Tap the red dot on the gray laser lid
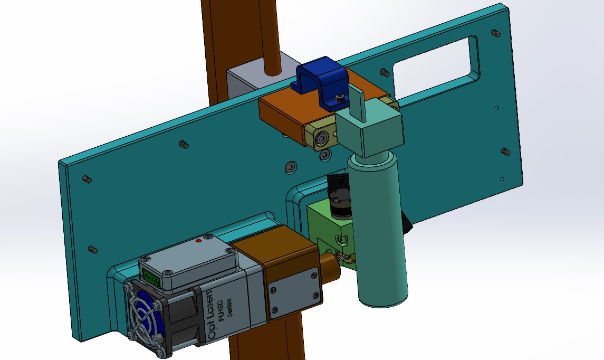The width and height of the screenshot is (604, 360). (x=199, y=241)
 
